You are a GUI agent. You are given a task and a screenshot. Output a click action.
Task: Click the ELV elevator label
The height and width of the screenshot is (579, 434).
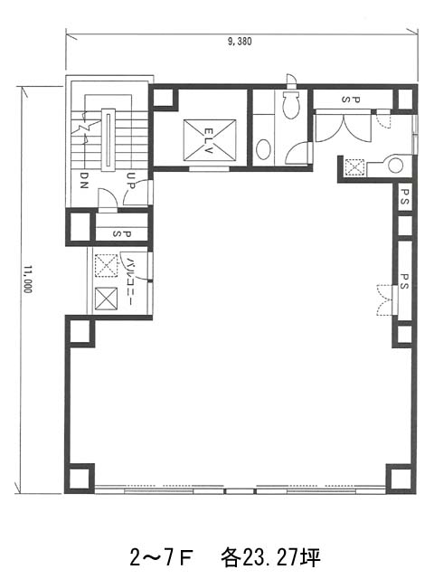coord(209,141)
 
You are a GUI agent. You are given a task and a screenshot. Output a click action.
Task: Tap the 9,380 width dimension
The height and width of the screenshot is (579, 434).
coord(240,41)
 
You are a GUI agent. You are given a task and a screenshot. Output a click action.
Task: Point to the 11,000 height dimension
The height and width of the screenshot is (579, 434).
coord(28,279)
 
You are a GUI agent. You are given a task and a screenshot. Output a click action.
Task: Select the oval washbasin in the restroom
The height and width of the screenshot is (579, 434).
coord(263,148)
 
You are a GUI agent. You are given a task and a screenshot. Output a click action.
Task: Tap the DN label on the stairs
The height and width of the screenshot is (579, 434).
coord(84,181)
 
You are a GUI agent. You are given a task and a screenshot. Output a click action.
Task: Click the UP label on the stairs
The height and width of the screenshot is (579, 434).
coord(131,181)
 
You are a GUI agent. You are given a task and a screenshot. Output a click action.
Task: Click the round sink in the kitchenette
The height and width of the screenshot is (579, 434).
coord(396,166)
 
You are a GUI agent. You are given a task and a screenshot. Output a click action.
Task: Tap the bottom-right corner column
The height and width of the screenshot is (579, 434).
coord(401,479)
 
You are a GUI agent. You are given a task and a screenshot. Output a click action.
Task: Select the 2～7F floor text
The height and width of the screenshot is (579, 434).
coord(162,558)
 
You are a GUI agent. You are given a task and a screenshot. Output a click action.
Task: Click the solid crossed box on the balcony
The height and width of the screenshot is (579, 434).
coord(107,299)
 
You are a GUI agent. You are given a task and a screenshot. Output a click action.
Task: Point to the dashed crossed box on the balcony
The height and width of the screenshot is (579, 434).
coord(107,265)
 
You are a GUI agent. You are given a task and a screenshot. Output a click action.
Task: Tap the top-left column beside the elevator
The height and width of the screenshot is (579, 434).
coord(163,98)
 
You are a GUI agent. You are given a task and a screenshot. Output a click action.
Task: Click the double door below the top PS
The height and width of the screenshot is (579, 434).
coord(344,127)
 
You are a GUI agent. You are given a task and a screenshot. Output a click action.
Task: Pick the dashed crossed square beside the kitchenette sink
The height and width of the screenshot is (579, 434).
coord(354,166)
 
